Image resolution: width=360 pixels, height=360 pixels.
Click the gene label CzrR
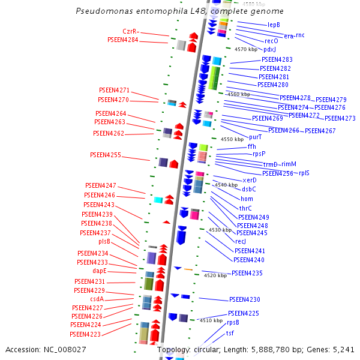130,31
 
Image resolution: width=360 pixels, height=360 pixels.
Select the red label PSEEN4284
122,40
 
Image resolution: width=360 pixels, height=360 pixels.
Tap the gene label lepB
274,25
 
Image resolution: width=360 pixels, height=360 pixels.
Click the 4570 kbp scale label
246,49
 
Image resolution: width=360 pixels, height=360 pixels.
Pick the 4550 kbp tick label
232,139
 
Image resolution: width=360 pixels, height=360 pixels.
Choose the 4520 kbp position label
215,275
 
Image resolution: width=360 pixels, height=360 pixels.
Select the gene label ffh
251,146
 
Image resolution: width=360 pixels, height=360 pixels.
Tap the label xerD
250,180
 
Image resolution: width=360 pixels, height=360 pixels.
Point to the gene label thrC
245,208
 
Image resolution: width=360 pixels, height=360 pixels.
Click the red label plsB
104,241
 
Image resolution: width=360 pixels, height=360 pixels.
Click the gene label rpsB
233,322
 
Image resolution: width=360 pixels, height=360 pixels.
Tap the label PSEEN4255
106,155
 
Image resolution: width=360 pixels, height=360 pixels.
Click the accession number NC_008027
65,349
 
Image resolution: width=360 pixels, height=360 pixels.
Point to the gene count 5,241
343,349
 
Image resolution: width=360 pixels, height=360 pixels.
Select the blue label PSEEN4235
247,273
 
